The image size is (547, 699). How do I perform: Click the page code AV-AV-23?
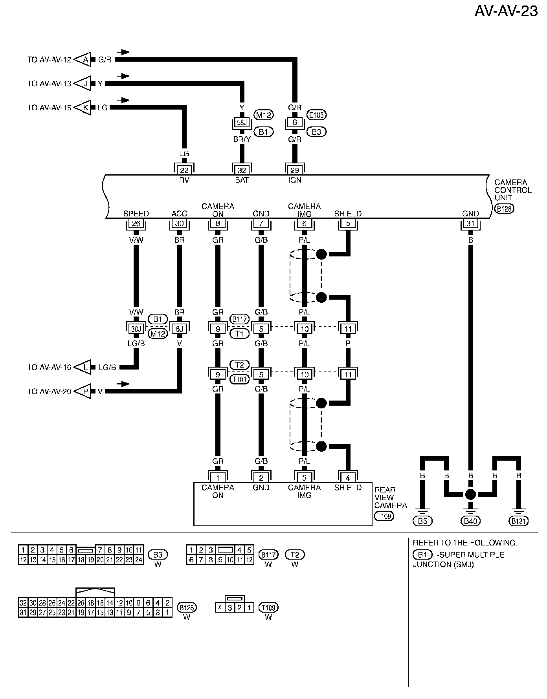[x=506, y=11]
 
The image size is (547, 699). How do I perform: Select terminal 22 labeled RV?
[x=184, y=170]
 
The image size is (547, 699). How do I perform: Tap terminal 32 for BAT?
[x=242, y=170]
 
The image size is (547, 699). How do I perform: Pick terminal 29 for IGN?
[x=295, y=170]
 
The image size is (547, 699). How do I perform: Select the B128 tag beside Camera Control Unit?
[x=504, y=209]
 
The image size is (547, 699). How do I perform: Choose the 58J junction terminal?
[x=242, y=123]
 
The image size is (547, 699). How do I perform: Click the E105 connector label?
[x=316, y=115]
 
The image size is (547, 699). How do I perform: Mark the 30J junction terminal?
[x=136, y=329]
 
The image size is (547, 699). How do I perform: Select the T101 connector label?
[x=239, y=379]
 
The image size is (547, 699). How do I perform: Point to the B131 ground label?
[x=519, y=521]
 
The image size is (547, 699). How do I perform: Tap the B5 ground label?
[x=422, y=521]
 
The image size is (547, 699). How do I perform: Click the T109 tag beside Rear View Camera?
[x=384, y=516]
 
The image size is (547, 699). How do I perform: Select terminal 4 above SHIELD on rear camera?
[x=348, y=478]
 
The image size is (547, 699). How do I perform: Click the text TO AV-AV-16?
[x=49, y=367]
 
